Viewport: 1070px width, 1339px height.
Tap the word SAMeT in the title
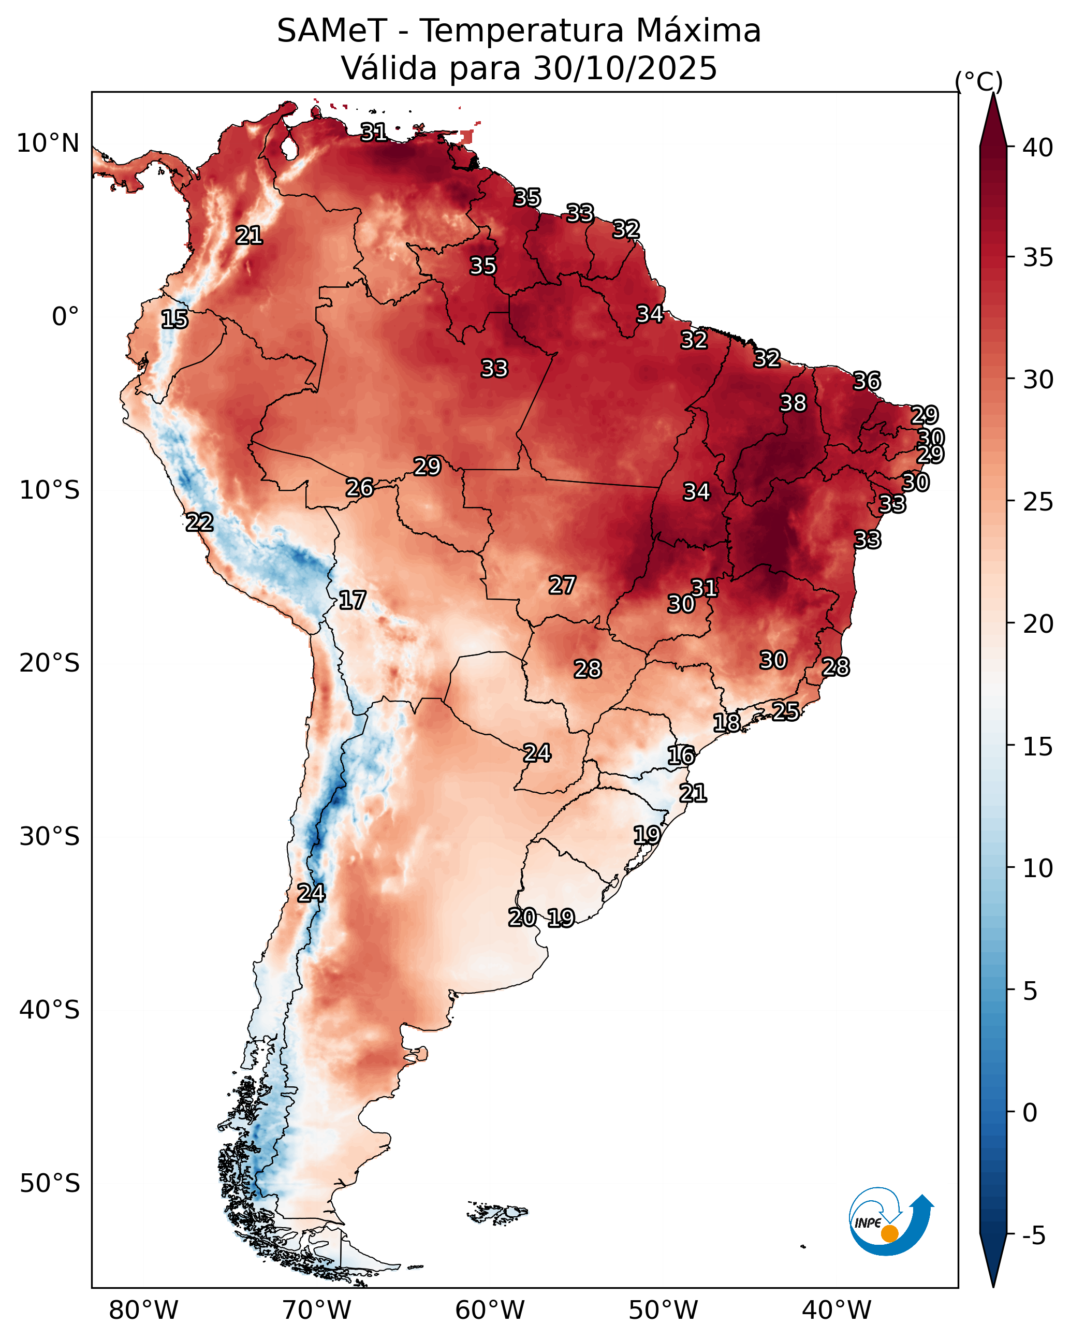pyautogui.click(x=332, y=31)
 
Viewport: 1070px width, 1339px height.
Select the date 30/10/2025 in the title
pyautogui.click(x=625, y=68)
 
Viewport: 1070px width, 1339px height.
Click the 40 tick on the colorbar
pyautogui.click(x=1038, y=148)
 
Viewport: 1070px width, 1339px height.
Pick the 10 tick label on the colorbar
pyautogui.click(x=1038, y=868)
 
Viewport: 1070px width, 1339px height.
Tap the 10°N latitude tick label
pyautogui.click(x=48, y=143)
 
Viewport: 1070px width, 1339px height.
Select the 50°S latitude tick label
pyautogui.click(x=50, y=1184)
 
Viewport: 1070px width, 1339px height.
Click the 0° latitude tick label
pyautogui.click(x=65, y=317)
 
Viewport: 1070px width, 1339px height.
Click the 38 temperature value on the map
pyautogui.click(x=793, y=403)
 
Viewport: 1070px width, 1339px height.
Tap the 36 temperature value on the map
pyautogui.click(x=867, y=381)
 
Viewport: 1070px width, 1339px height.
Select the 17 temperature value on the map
pyautogui.click(x=352, y=600)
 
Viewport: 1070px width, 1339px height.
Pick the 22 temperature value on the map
pyautogui.click(x=199, y=522)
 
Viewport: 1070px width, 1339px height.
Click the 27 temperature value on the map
pyautogui.click(x=562, y=585)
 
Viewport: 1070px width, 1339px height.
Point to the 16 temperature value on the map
pyautogui.click(x=681, y=755)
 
